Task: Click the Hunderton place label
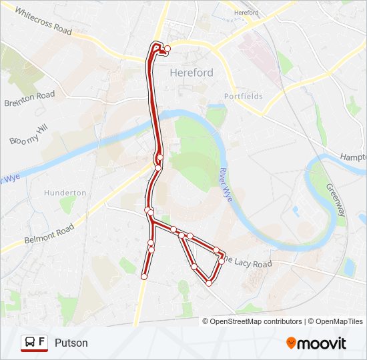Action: coord(65,193)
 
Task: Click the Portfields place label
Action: coord(244,96)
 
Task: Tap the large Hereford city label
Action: coord(192,73)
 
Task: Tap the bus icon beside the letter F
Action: coord(29,343)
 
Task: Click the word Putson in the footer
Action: coord(71,343)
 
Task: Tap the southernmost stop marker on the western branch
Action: coord(144,276)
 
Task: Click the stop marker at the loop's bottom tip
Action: coord(209,283)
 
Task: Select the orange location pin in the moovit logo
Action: coord(291,343)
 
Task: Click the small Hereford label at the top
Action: coord(247,13)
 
